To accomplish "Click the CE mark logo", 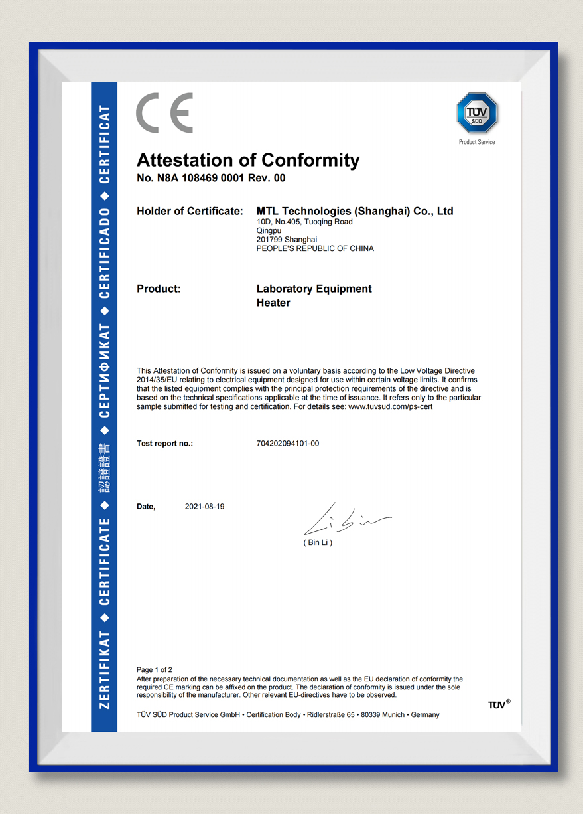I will pos(164,113).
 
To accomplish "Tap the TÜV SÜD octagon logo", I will pos(477,114).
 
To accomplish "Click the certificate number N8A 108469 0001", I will pos(212,178).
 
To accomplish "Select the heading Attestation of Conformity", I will pos(248,160).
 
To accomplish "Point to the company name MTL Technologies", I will pos(355,211).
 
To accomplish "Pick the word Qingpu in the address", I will pos(268,230).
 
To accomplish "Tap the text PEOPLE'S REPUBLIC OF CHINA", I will pos(315,248).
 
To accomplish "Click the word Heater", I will pos(273,303).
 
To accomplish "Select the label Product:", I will pos(159,289).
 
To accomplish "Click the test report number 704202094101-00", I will pos(288,443).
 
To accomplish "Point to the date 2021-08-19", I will pos(204,507).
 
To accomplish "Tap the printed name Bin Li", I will pos(318,542).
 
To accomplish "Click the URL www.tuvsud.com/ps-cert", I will pos(390,406).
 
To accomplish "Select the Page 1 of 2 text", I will pos(155,669).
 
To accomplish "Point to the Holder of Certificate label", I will pos(190,211).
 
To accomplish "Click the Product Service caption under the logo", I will pos(477,142).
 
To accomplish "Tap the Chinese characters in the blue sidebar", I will pos(104,468).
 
